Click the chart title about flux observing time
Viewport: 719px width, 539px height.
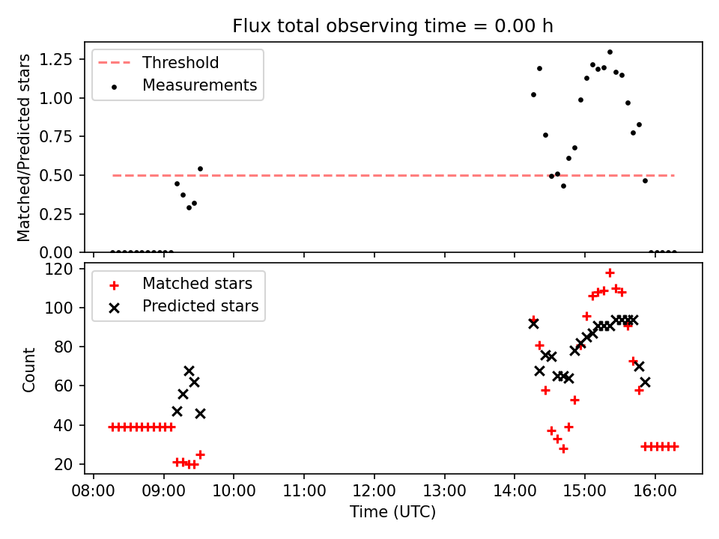coord(392,26)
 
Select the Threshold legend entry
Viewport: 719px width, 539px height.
coord(180,63)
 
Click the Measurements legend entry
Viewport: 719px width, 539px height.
coord(199,85)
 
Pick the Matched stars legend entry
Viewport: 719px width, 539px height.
coord(197,284)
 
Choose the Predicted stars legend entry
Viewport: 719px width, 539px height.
coord(200,306)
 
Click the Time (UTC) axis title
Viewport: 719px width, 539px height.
coord(392,512)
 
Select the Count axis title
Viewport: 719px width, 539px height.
coord(29,369)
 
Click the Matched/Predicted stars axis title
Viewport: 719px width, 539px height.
coord(25,147)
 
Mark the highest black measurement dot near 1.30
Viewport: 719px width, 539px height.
coord(610,52)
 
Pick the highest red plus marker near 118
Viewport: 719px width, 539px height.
coord(610,273)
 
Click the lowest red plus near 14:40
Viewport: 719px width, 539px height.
coord(563,448)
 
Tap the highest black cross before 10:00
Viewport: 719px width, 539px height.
coord(189,371)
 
